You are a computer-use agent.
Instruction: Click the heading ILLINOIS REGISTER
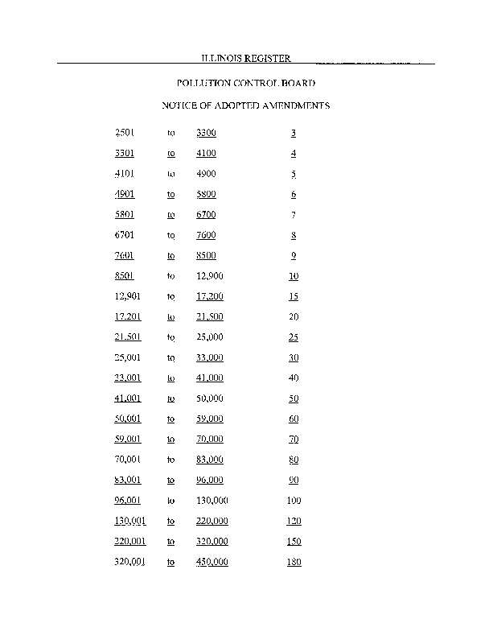245,59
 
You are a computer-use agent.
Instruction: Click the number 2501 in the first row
125,133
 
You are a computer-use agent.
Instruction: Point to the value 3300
206,133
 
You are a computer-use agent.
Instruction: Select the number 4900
206,174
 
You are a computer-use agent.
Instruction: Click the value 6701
125,235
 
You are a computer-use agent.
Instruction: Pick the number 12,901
129,296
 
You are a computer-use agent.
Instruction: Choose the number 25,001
129,357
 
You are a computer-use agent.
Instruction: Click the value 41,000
209,378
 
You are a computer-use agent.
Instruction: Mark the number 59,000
209,419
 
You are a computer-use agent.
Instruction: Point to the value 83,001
129,480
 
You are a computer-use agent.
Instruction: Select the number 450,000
212,562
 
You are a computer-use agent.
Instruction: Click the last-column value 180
294,562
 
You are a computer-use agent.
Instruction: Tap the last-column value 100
294,501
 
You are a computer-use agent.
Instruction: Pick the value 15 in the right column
294,296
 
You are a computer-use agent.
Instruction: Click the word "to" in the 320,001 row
170,562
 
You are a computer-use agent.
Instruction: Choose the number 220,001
130,542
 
